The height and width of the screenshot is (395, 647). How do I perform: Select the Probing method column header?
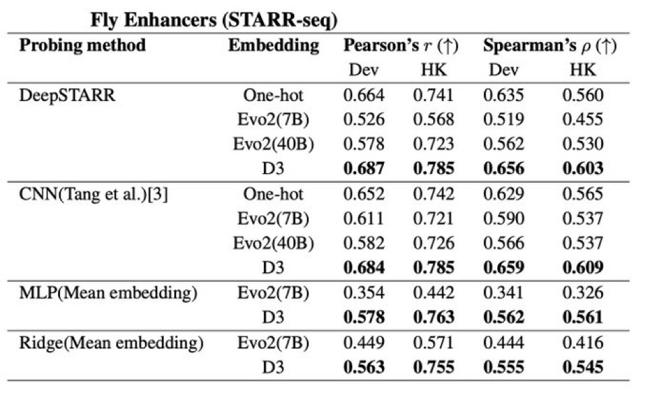(x=82, y=46)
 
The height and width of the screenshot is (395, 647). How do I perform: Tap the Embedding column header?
(x=273, y=46)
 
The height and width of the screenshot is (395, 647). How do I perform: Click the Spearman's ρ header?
(x=550, y=46)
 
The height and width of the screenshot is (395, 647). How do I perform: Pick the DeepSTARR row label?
(x=67, y=95)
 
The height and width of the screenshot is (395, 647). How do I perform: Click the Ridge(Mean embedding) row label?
(x=111, y=343)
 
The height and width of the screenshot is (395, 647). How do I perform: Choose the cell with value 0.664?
(x=364, y=95)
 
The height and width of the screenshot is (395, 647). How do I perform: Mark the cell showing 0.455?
(x=582, y=119)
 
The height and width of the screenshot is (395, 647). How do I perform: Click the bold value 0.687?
(x=364, y=169)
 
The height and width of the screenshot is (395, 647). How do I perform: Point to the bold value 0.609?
(x=582, y=268)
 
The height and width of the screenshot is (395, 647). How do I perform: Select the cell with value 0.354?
(x=364, y=293)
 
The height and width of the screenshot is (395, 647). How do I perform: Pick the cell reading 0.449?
(x=364, y=343)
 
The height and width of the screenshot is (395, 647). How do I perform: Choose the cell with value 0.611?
(x=364, y=219)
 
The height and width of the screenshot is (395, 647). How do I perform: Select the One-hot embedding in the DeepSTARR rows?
(x=273, y=95)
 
